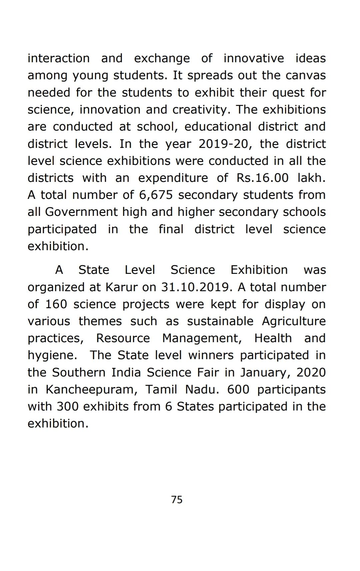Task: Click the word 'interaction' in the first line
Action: pyautogui.click(x=59, y=58)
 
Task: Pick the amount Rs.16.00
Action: pyautogui.click(x=262, y=178)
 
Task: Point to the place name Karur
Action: pyautogui.click(x=121, y=287)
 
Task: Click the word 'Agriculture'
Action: pyautogui.click(x=294, y=321)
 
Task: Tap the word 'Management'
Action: pyautogui.click(x=202, y=338)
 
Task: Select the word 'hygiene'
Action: pyautogui.click(x=52, y=355)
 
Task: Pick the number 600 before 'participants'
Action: pyautogui.click(x=238, y=389)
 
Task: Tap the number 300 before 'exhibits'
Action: pyautogui.click(x=67, y=406)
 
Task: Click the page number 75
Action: pyautogui.click(x=177, y=500)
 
